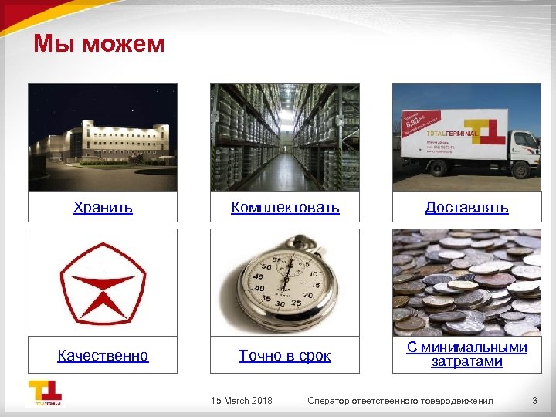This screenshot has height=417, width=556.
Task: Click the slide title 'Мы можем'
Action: point(99,44)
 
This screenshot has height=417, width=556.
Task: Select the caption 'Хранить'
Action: point(103,207)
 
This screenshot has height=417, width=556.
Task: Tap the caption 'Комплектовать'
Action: point(285,207)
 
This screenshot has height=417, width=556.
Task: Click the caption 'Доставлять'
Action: point(467,207)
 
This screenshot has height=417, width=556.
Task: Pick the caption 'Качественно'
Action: point(103,355)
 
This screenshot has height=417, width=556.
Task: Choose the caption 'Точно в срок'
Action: point(285,355)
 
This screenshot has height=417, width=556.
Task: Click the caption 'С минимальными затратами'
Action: point(467,354)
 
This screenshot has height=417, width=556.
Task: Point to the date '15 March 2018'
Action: point(242,400)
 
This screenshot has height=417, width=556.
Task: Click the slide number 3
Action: point(534,400)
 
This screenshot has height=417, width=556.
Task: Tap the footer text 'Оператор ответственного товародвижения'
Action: point(400,400)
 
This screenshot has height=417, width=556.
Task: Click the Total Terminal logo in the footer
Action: point(46,393)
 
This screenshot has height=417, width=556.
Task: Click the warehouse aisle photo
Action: point(285,137)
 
